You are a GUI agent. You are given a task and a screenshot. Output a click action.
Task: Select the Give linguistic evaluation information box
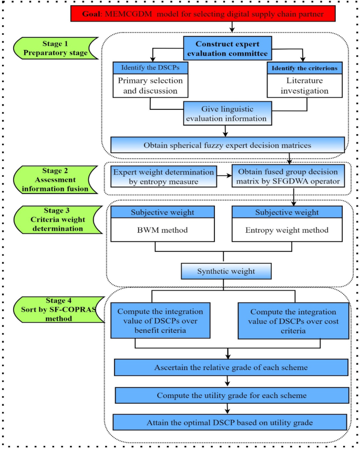pos(228,114)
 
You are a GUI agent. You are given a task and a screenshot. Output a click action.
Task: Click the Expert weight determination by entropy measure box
pos(163,177)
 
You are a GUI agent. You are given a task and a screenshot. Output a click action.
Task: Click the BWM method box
pos(162,229)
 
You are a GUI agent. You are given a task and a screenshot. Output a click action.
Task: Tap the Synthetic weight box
pos(226,271)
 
